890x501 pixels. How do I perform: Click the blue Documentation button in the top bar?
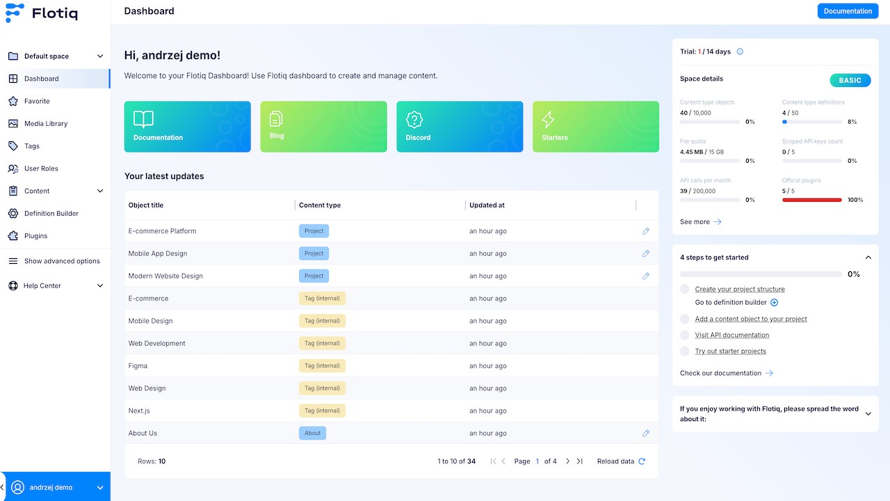(848, 11)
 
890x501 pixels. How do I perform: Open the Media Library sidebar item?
(46, 124)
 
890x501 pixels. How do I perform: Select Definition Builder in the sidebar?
(51, 214)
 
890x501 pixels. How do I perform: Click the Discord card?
(460, 127)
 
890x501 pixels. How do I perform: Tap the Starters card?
(596, 127)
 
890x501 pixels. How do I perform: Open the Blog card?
(323, 127)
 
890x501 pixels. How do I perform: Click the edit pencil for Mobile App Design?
(646, 254)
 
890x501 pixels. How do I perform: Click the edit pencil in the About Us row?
(646, 434)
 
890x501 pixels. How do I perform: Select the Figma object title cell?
(138, 366)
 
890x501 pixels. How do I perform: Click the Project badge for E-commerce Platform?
(314, 231)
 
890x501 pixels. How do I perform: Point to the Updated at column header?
(487, 205)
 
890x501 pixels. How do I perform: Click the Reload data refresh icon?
(642, 461)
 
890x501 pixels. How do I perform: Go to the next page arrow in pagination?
(568, 461)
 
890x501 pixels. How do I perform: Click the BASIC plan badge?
(850, 80)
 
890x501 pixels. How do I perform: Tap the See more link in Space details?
(700, 222)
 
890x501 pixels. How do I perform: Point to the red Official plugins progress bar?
(811, 200)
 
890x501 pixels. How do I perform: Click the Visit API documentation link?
(732, 335)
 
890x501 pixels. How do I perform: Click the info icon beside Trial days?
(740, 51)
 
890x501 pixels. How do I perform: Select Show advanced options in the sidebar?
(54, 261)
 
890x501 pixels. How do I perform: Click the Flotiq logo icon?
(15, 13)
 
